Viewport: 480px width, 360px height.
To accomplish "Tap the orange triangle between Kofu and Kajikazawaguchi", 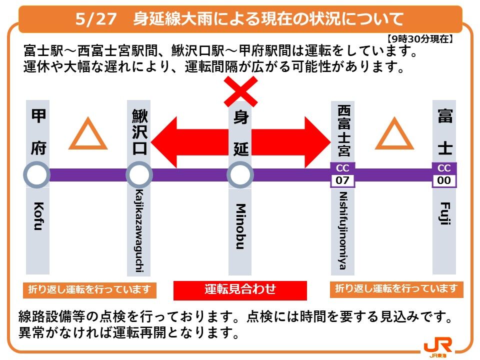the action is pos(88,135).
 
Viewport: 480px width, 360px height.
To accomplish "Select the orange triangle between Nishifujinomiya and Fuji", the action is pos(394,135).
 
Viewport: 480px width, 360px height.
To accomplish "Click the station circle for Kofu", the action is pos(37,175).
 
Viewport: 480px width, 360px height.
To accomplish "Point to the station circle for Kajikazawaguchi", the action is pos(139,175).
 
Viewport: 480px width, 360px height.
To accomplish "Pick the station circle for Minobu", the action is pos(240,175).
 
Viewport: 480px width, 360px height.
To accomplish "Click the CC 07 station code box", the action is pos(342,174).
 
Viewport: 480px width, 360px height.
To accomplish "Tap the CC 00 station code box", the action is pos(444,174).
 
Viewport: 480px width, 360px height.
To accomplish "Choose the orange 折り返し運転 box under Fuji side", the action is pos(396,289).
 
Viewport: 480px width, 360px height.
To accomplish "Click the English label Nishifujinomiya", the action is pos(342,230).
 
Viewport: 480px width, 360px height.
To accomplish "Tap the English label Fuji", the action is pos(444,212).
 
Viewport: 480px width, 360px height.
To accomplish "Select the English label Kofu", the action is pos(37,215).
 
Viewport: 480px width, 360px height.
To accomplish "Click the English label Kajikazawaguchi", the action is pos(139,231).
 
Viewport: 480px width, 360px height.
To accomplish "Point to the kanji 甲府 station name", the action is pos(37,132).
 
